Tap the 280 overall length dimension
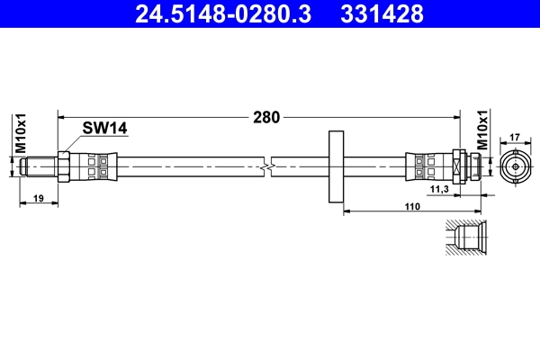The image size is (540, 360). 266,116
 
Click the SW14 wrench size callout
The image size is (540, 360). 104,129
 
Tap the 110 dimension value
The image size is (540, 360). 412,206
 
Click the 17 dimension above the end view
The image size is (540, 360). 516,138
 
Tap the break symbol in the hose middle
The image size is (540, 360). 266,166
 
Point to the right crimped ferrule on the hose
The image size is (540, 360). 427,166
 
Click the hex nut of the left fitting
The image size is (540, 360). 64,166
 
